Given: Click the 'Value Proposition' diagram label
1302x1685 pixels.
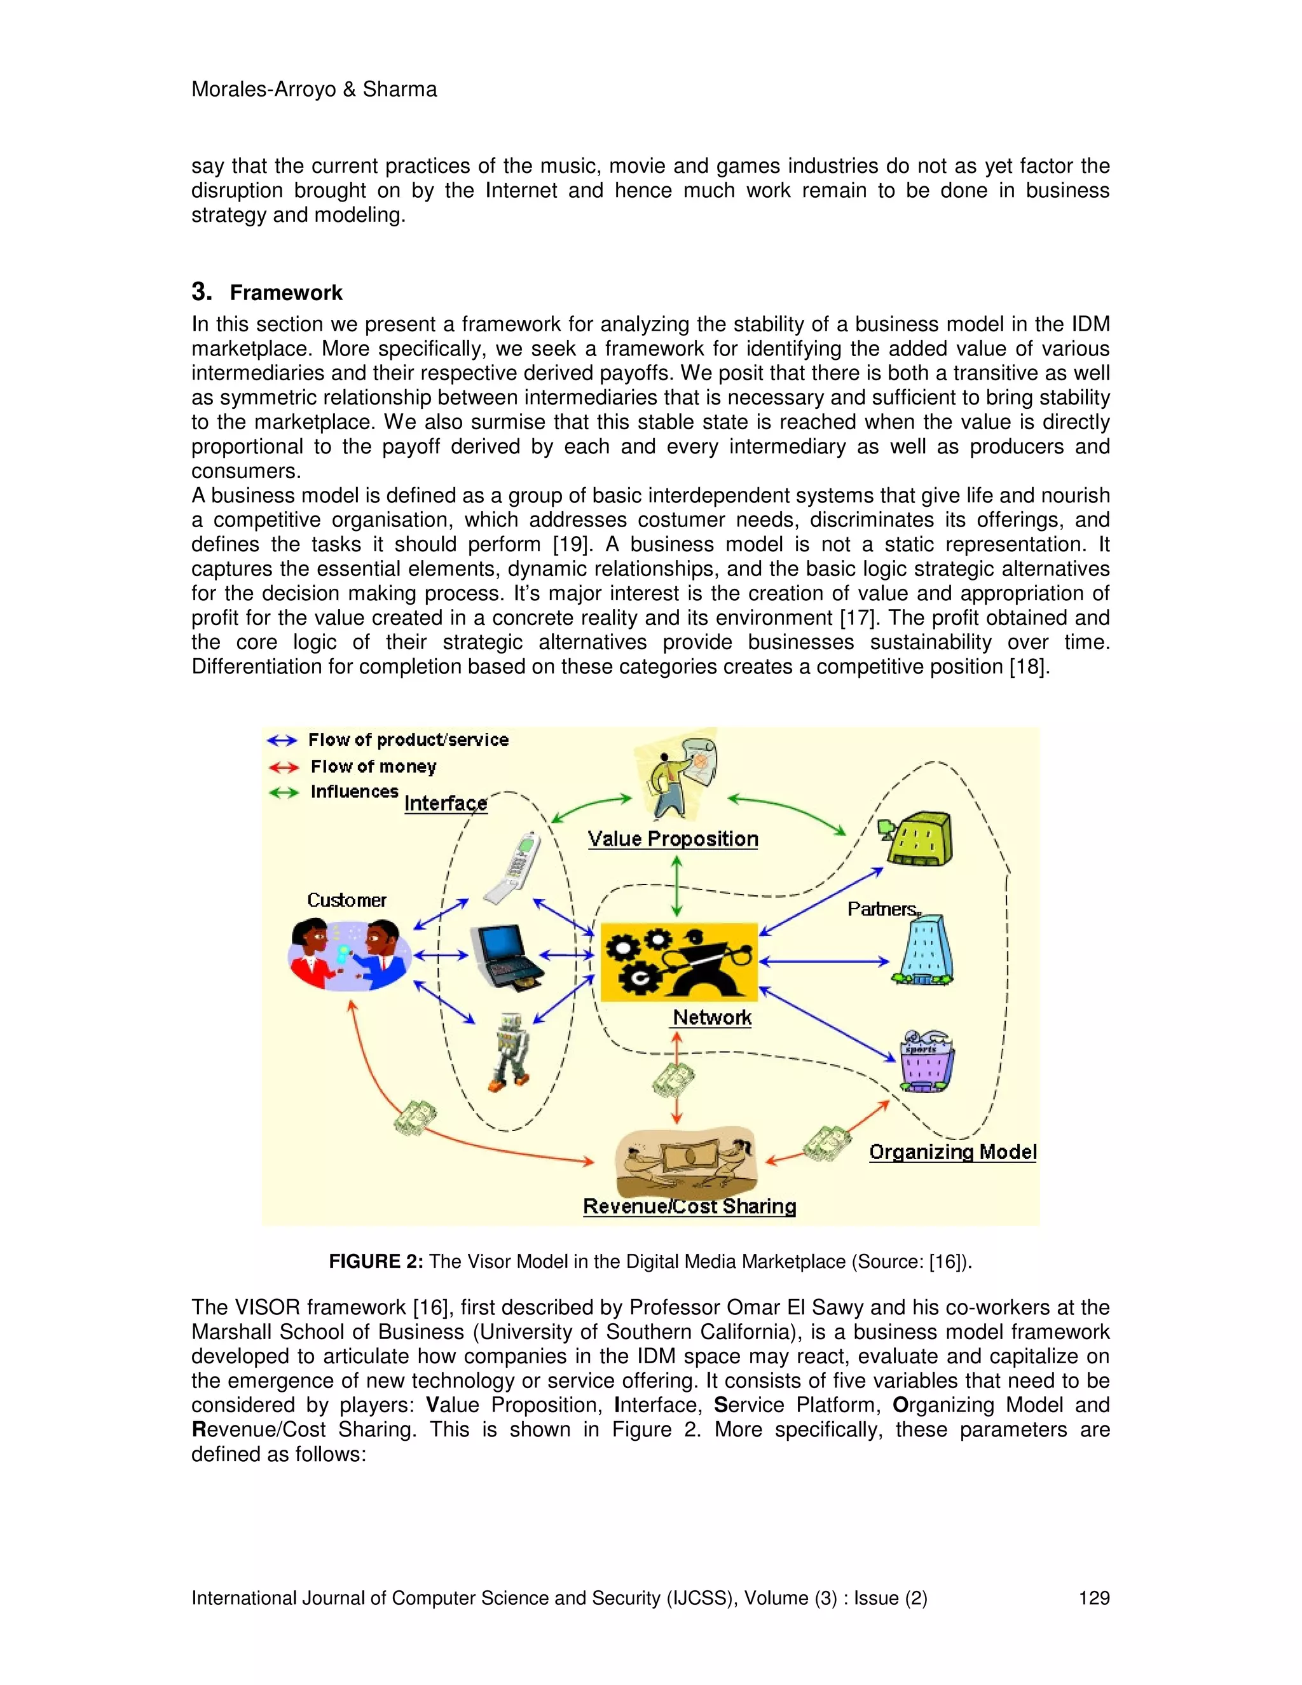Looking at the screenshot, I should [x=673, y=839].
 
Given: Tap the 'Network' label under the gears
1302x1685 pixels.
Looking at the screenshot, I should [x=712, y=1017].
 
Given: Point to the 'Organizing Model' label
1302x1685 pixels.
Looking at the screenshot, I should [x=952, y=1152].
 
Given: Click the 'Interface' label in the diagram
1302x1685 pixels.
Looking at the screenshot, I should [x=446, y=803].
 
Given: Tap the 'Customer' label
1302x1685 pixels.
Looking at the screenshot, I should [x=346, y=900].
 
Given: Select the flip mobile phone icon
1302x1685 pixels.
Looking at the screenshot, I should [x=512, y=867].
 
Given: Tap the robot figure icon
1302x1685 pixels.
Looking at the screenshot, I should [x=510, y=1052].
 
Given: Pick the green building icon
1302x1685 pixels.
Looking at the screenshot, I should [x=918, y=839].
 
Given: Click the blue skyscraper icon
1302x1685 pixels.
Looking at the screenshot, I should [x=924, y=951].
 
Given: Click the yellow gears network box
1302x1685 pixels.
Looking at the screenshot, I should [x=679, y=961].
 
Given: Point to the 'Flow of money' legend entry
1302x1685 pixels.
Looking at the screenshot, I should [x=373, y=767].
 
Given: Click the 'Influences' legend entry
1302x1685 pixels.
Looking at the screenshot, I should [x=354, y=792].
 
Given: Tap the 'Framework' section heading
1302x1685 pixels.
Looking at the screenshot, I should [x=285, y=293].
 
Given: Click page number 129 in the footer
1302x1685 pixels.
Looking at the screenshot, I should [x=1093, y=1598].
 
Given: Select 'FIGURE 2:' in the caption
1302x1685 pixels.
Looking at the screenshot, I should [x=376, y=1262].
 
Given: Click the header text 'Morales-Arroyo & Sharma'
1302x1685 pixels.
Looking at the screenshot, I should [x=314, y=90].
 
